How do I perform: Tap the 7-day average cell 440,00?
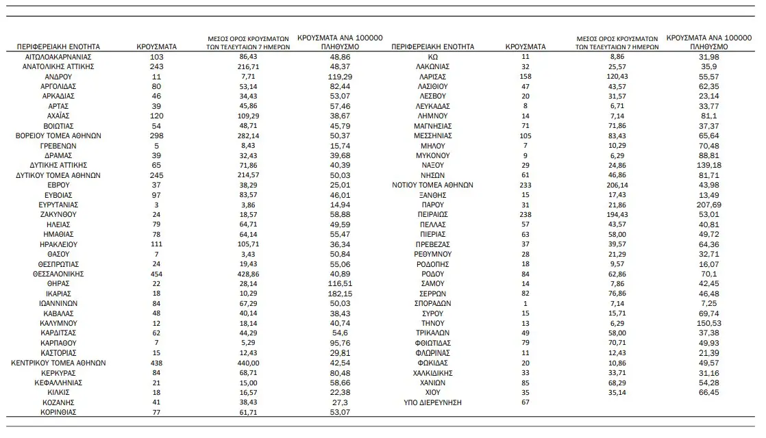(251, 363)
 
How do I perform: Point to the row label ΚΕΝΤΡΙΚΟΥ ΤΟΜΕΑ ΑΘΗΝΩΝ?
(58, 363)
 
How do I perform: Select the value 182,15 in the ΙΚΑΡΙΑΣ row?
(341, 294)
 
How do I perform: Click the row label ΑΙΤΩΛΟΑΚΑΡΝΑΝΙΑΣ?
(58, 57)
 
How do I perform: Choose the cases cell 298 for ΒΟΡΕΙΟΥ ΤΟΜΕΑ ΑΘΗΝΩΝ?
(157, 136)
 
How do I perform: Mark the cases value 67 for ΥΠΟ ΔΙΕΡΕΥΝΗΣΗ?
(526, 402)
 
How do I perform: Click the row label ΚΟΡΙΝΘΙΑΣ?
(58, 413)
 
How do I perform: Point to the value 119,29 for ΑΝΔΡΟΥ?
(341, 77)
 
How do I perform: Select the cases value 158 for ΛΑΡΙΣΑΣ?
(526, 77)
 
